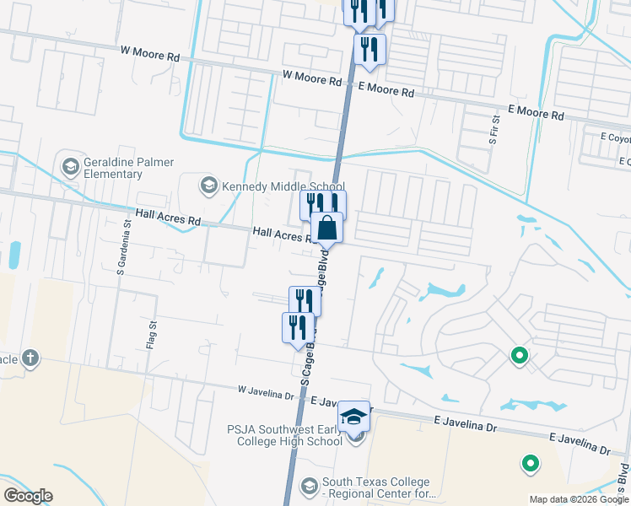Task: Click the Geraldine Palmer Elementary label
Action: (x=113, y=168)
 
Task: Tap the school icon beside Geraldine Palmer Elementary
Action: (x=70, y=163)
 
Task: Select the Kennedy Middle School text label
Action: (x=283, y=186)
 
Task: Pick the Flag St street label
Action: (x=153, y=335)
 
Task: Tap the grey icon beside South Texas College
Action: (x=309, y=487)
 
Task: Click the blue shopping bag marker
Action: (x=327, y=228)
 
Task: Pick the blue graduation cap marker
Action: (x=354, y=416)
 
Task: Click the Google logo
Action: (x=28, y=496)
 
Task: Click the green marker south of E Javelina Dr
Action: (x=530, y=462)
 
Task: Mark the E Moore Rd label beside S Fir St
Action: (x=536, y=112)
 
